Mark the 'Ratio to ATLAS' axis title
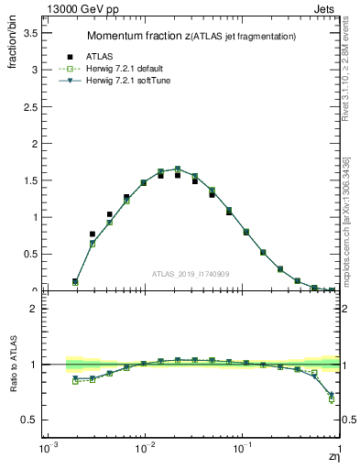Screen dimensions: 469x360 click(x=14, y=365)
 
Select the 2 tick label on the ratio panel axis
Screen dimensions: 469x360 click(x=33, y=309)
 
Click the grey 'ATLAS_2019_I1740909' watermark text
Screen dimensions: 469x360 click(x=191, y=274)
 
